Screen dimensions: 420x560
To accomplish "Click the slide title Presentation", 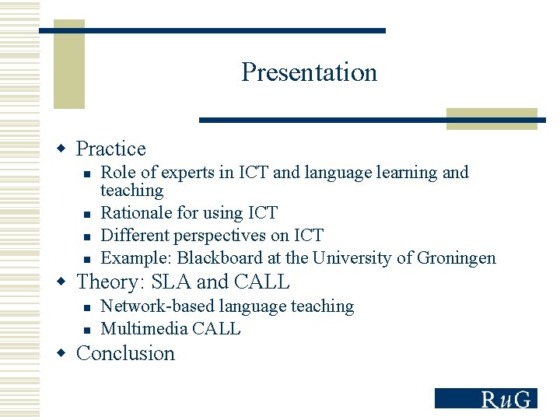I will pyautogui.click(x=309, y=72).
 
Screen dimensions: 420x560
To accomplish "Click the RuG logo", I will pyautogui.click(x=485, y=398).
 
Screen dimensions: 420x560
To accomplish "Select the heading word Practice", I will pyautogui.click(x=111, y=149).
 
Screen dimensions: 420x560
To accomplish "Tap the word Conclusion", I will pyautogui.click(x=125, y=353).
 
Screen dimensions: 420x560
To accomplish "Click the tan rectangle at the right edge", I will pyautogui.click(x=492, y=118).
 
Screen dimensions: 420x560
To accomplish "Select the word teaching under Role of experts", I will pyautogui.click(x=132, y=191).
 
